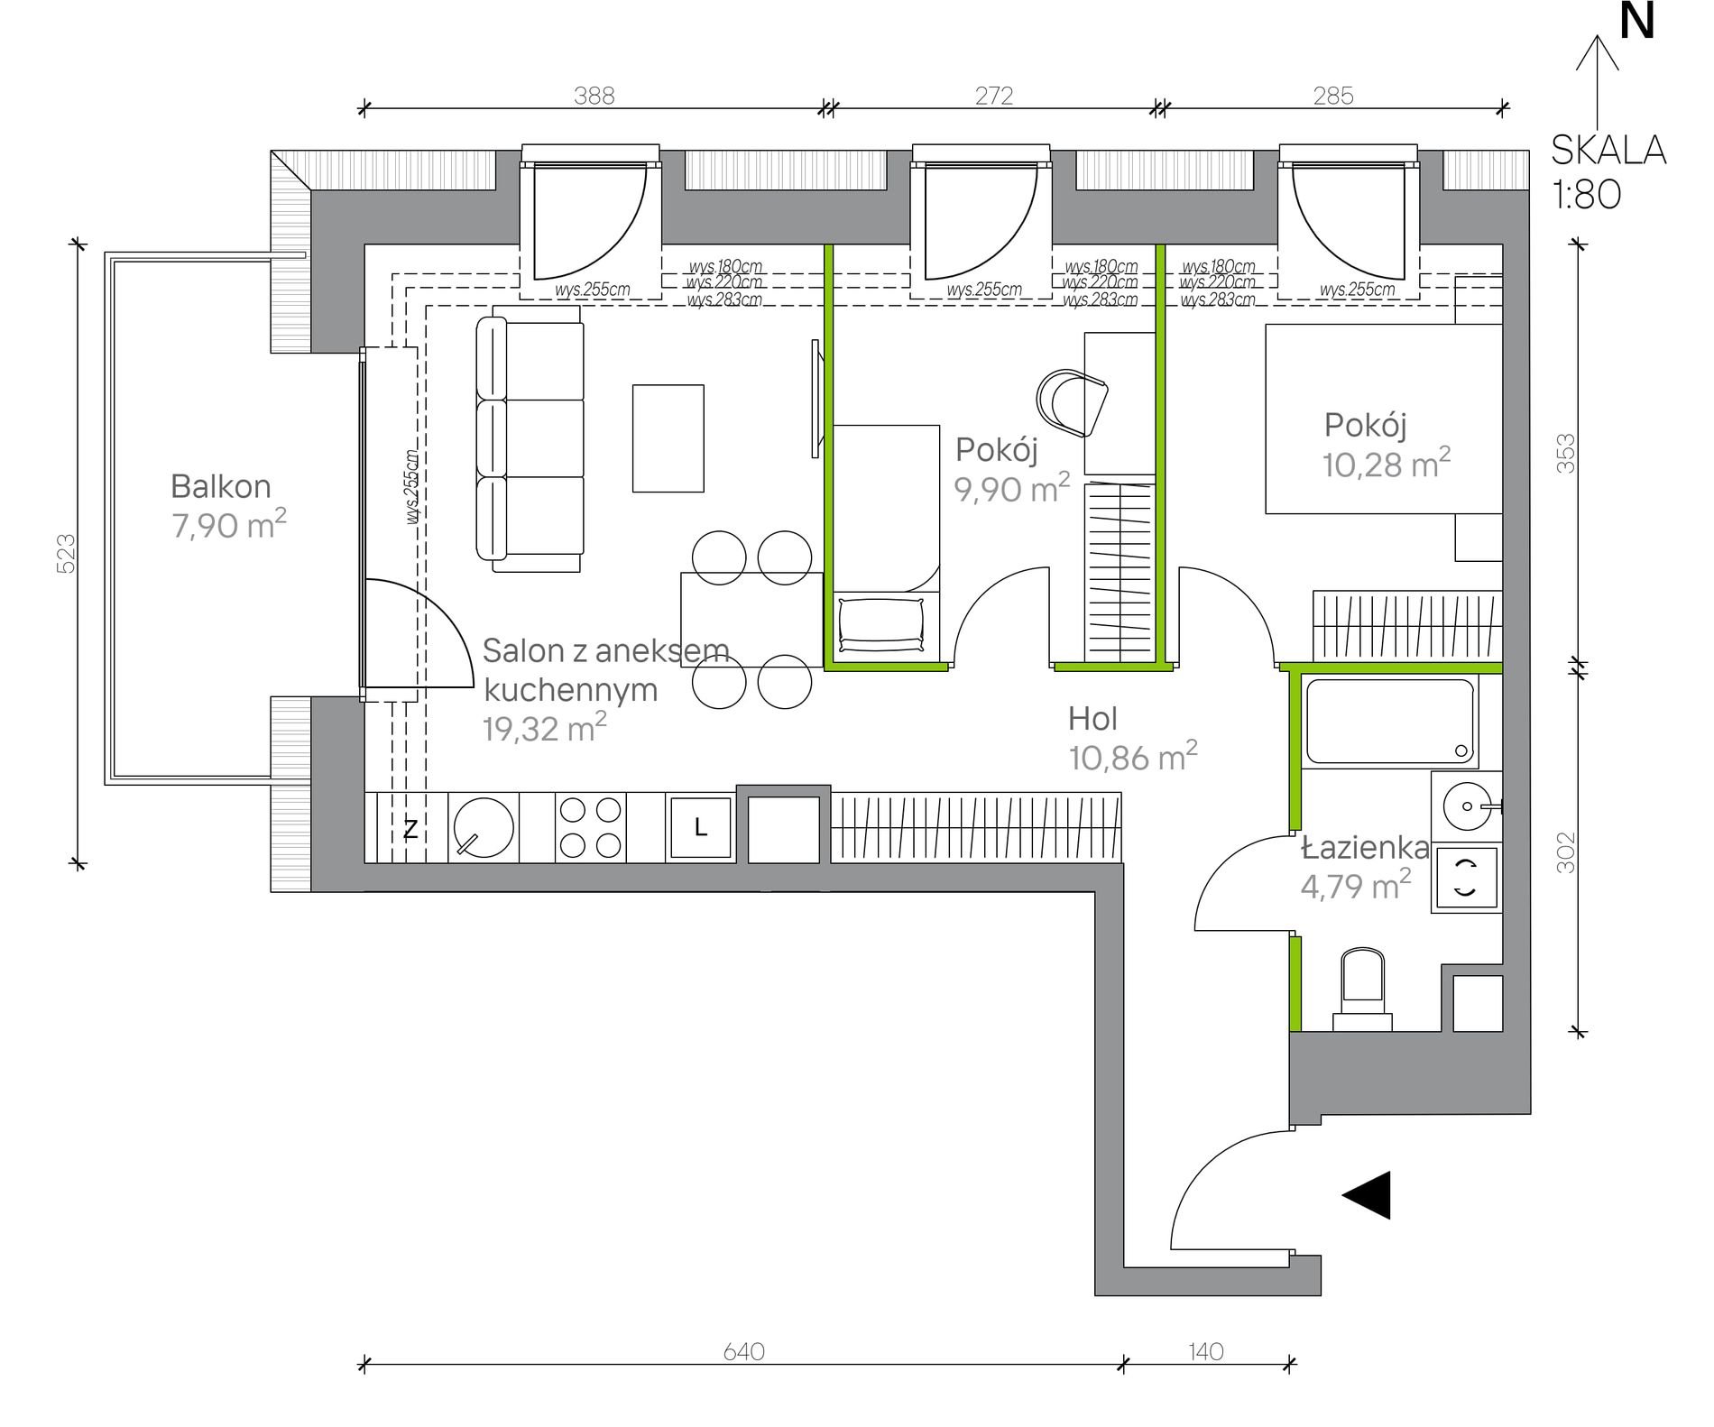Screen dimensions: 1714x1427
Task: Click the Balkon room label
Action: click(x=221, y=487)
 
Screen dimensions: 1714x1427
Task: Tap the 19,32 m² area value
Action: click(x=544, y=728)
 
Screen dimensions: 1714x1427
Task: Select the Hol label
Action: click(x=1092, y=719)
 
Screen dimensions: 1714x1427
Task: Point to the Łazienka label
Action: click(x=1365, y=848)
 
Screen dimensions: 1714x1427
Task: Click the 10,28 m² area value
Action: click(x=1387, y=463)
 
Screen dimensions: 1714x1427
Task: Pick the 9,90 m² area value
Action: click(x=1012, y=488)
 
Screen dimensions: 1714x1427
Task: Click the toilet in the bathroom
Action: click(x=1362, y=989)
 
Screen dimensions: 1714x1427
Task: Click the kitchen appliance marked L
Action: click(x=700, y=827)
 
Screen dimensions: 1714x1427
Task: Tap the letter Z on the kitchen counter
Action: click(x=410, y=829)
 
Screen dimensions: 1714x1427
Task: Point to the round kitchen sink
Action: click(x=484, y=827)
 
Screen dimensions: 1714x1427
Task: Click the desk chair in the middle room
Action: click(x=1072, y=403)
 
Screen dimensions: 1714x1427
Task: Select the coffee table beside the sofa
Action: click(x=668, y=438)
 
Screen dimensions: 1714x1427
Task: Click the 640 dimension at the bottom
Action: click(x=744, y=1351)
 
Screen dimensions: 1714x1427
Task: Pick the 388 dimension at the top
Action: click(x=594, y=96)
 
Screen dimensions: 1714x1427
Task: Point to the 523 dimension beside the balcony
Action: click(x=66, y=553)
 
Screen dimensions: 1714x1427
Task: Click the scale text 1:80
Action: click(x=1587, y=194)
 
